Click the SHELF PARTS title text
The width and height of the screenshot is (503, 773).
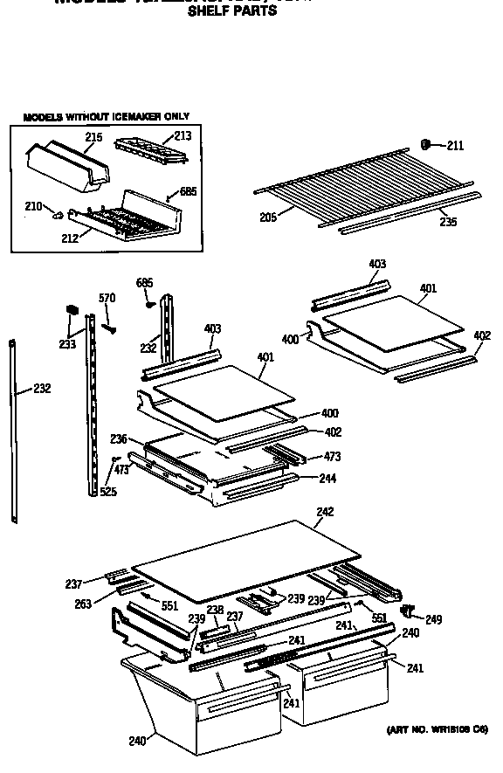tap(231, 11)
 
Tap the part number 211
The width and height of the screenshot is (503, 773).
tap(457, 145)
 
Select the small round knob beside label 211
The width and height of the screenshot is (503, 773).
tap(427, 144)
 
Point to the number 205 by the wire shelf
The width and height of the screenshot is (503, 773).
tap(269, 217)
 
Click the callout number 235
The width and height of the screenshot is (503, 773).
tap(448, 222)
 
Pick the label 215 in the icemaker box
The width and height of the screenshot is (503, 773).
tap(93, 137)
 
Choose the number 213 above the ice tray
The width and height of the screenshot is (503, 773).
tap(182, 135)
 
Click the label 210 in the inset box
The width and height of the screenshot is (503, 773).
tap(33, 206)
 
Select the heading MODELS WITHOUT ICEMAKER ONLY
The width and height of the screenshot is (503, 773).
tap(106, 116)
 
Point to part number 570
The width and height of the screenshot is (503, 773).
tap(107, 299)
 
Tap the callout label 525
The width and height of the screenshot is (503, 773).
tap(108, 492)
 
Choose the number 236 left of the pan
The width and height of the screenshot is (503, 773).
tap(120, 438)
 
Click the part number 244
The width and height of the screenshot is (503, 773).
tap(327, 478)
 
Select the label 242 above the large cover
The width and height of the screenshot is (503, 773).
tap(325, 513)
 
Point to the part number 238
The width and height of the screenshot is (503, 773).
tap(216, 610)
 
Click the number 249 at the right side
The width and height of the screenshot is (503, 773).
tap(433, 619)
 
